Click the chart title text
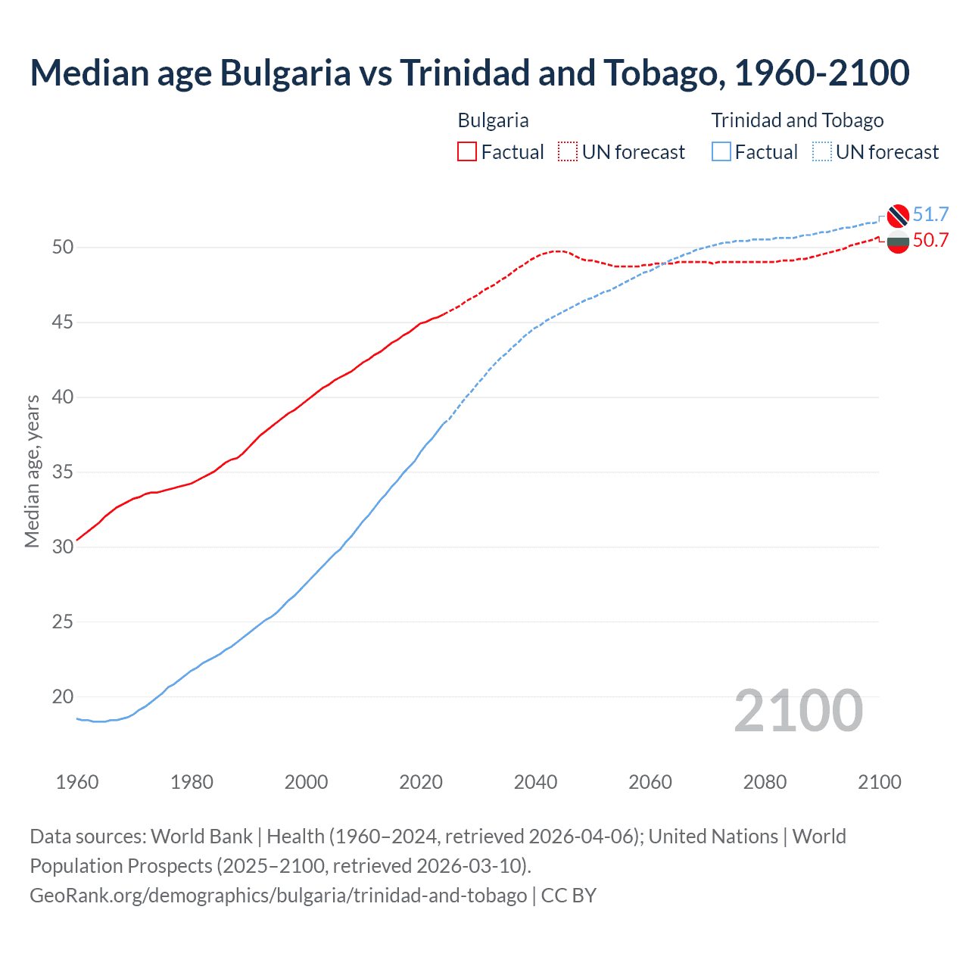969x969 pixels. pyautogui.click(x=469, y=73)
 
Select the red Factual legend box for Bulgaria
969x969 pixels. pyautogui.click(x=467, y=152)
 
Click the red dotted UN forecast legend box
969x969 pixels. pyautogui.click(x=568, y=152)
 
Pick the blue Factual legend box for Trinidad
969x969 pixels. pyautogui.click(x=721, y=152)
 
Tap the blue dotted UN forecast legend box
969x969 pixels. pyautogui.click(x=822, y=152)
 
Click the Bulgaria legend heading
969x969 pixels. pyautogui.click(x=493, y=120)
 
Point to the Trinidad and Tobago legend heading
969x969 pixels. pyautogui.click(x=797, y=120)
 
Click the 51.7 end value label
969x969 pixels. pyautogui.click(x=930, y=214)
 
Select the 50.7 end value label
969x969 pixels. pyautogui.click(x=930, y=241)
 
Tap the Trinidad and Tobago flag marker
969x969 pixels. pyautogui.click(x=898, y=216)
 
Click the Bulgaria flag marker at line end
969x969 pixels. pyautogui.click(x=898, y=243)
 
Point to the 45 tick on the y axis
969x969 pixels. pyautogui.click(x=63, y=322)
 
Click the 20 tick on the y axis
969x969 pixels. pyautogui.click(x=63, y=696)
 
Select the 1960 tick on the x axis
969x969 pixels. pyautogui.click(x=77, y=782)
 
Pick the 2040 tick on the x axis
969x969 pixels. pyautogui.click(x=535, y=782)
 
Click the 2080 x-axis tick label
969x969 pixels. pyautogui.click(x=765, y=782)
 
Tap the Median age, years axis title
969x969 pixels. pyautogui.click(x=32, y=471)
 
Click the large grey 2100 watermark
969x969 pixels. pyautogui.click(x=798, y=711)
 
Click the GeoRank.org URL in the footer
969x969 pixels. pyautogui.click(x=278, y=896)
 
